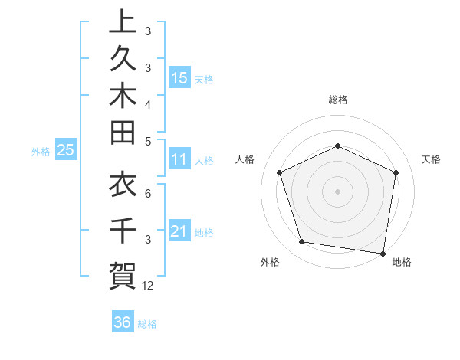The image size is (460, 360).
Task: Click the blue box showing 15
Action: coord(179,77)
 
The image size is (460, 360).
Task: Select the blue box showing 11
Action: coord(179,160)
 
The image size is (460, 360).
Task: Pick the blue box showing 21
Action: coord(179,231)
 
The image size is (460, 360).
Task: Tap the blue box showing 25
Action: coord(66,151)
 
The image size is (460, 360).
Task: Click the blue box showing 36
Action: coord(123,322)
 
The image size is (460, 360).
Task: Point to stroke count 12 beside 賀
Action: coord(148,286)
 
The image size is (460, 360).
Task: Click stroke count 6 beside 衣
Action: coord(148,194)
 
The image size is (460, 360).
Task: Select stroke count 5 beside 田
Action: coord(148,140)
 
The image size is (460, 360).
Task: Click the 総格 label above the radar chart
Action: coord(337,100)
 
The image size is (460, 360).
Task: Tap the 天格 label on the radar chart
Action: coord(432,159)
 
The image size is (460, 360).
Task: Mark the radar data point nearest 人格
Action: coord(280,172)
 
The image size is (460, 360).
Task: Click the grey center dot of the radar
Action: coord(337,191)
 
